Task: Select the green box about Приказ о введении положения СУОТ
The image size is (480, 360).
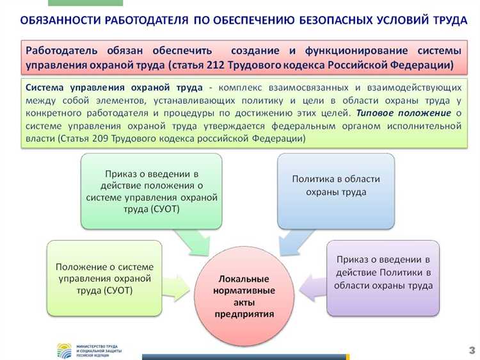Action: tap(151, 191)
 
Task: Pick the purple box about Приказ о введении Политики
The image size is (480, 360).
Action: tap(383, 277)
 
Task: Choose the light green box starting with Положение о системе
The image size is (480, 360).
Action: tap(104, 278)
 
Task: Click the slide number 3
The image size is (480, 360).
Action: tap(472, 349)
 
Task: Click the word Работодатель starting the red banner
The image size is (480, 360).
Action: tap(62, 51)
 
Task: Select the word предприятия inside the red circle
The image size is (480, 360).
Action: tap(243, 314)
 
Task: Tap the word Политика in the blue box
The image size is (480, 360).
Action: tap(312, 179)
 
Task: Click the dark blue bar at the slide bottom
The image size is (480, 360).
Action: tap(243, 356)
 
